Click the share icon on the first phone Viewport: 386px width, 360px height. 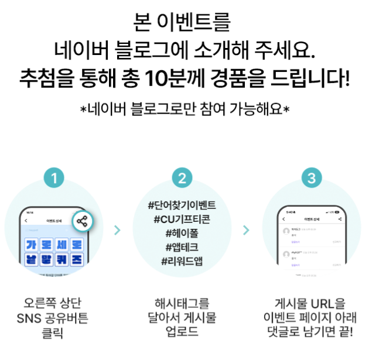83,221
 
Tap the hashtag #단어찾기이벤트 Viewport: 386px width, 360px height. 183,206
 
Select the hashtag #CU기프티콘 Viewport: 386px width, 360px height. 183,220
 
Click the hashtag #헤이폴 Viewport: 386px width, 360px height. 183,233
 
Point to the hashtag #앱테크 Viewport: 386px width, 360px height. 183,246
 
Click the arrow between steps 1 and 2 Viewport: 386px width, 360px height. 118,230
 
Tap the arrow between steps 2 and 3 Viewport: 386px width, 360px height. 247,230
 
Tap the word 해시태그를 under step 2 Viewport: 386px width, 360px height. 182,304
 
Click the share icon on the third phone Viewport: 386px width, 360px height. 340,219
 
